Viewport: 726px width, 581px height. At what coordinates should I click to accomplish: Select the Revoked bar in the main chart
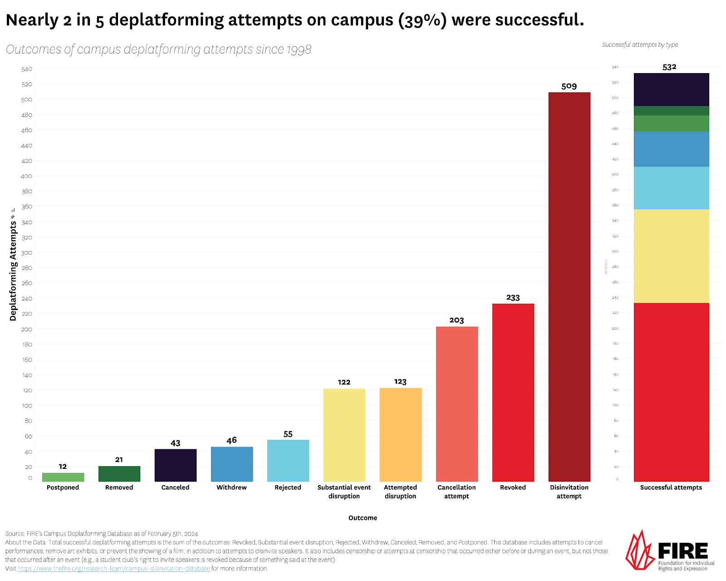pos(513,393)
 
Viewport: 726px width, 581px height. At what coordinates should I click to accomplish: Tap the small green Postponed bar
pos(63,477)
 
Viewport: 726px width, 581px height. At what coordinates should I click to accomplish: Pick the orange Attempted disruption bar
pos(400,435)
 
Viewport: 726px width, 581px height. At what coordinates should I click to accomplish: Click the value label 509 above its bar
pos(569,86)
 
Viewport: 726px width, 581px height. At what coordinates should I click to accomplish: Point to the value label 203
pos(456,320)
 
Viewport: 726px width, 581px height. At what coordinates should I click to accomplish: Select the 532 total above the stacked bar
pos(669,67)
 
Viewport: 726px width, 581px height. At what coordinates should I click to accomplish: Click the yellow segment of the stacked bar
pos(671,256)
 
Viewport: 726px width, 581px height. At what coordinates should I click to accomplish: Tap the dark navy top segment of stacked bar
pos(671,89)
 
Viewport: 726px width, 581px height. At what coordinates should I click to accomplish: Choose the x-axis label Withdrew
pos(231,487)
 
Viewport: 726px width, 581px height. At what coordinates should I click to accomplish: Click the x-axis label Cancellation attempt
pos(456,492)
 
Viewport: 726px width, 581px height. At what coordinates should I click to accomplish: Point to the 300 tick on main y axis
pos(27,253)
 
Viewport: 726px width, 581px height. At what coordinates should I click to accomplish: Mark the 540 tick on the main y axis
pos(27,69)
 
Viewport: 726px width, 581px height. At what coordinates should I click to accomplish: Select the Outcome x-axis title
pos(363,518)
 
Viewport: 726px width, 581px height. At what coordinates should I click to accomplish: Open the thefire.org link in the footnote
pos(113,569)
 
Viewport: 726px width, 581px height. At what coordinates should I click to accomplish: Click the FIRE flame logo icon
pos(640,550)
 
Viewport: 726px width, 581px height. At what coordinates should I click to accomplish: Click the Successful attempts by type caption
pos(640,45)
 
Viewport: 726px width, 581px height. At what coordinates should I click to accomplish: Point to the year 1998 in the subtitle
pos(299,49)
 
